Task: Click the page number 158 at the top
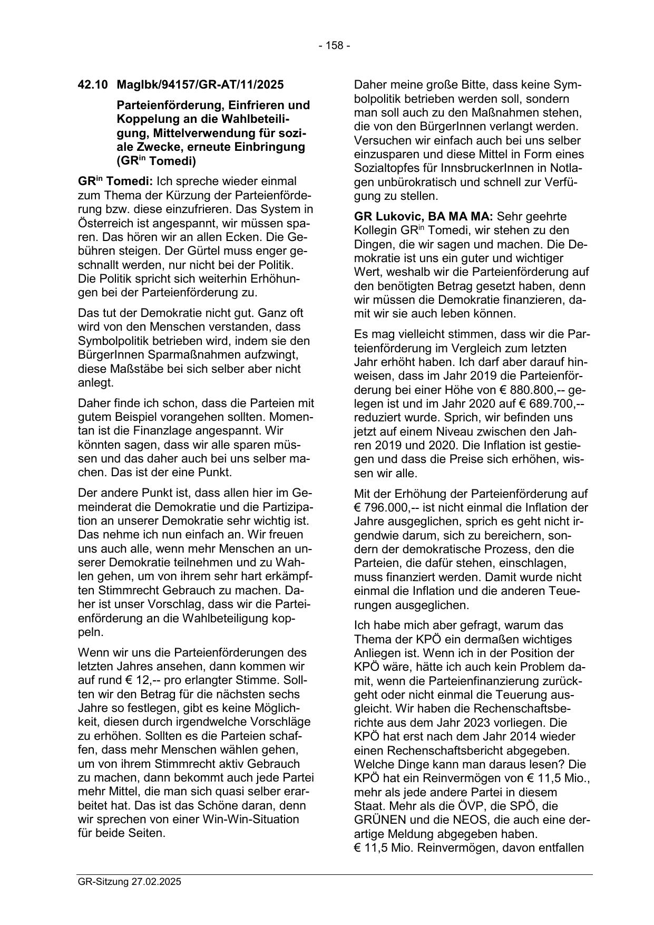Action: pos(334,46)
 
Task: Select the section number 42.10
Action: pos(92,84)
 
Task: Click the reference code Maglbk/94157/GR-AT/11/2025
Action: pos(200,84)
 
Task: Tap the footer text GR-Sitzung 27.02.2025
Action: pos(129,881)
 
